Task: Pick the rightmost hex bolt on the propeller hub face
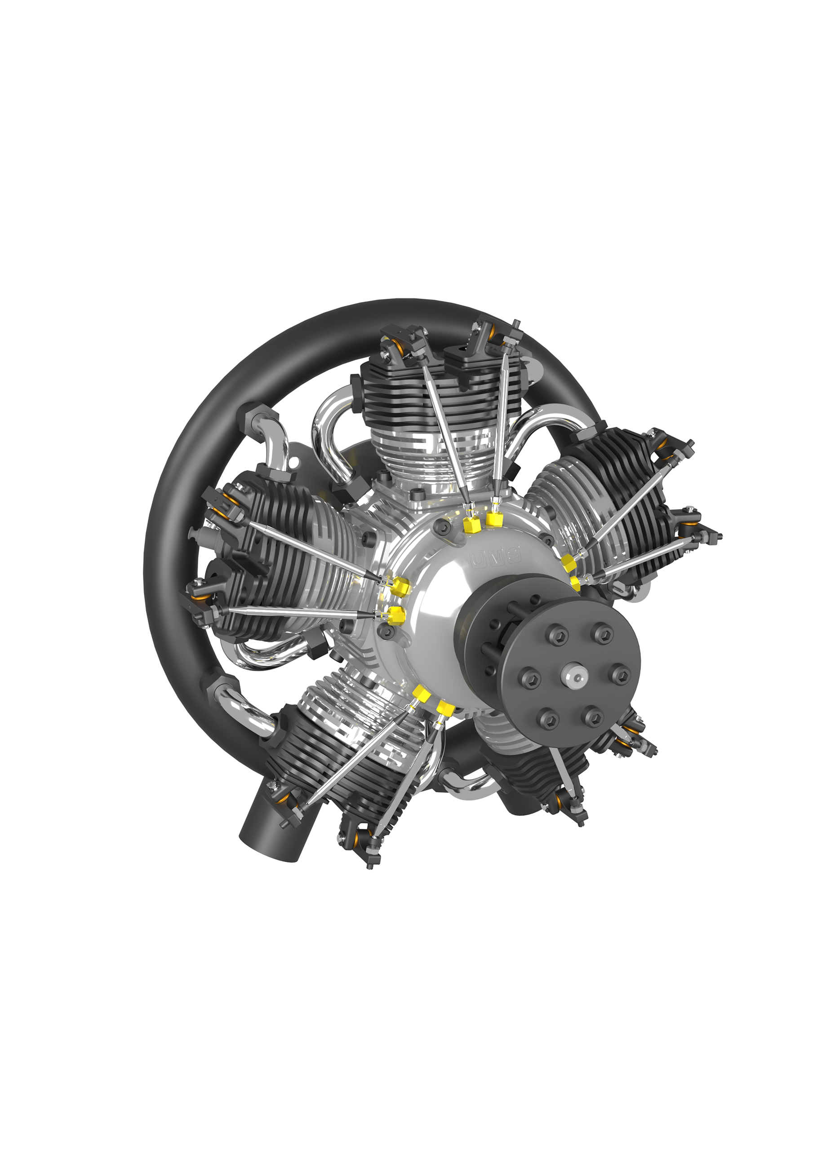[x=621, y=675]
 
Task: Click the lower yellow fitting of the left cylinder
[x=397, y=614]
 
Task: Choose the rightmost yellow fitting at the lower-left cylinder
[x=445, y=708]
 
